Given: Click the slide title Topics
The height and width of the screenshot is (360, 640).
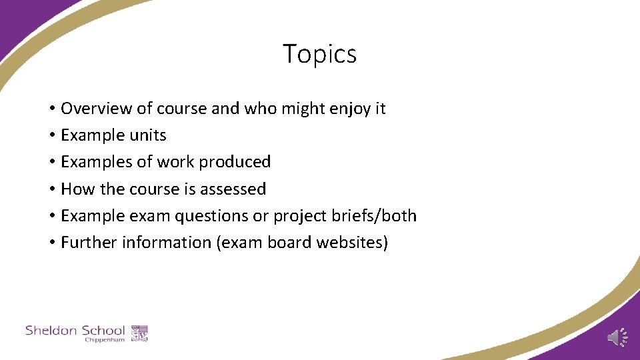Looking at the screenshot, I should coord(319,54).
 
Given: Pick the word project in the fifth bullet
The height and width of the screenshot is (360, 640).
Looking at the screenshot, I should coord(308,217).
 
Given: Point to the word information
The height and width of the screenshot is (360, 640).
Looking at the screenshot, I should coord(167,243).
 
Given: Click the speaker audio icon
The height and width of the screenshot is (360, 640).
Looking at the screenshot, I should coord(617,338).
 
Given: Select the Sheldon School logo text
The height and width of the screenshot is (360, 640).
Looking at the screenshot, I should coord(75,330).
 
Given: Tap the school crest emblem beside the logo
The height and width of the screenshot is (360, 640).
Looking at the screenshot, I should coord(139,333).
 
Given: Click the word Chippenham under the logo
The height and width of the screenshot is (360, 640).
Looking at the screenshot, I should coord(105,340).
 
